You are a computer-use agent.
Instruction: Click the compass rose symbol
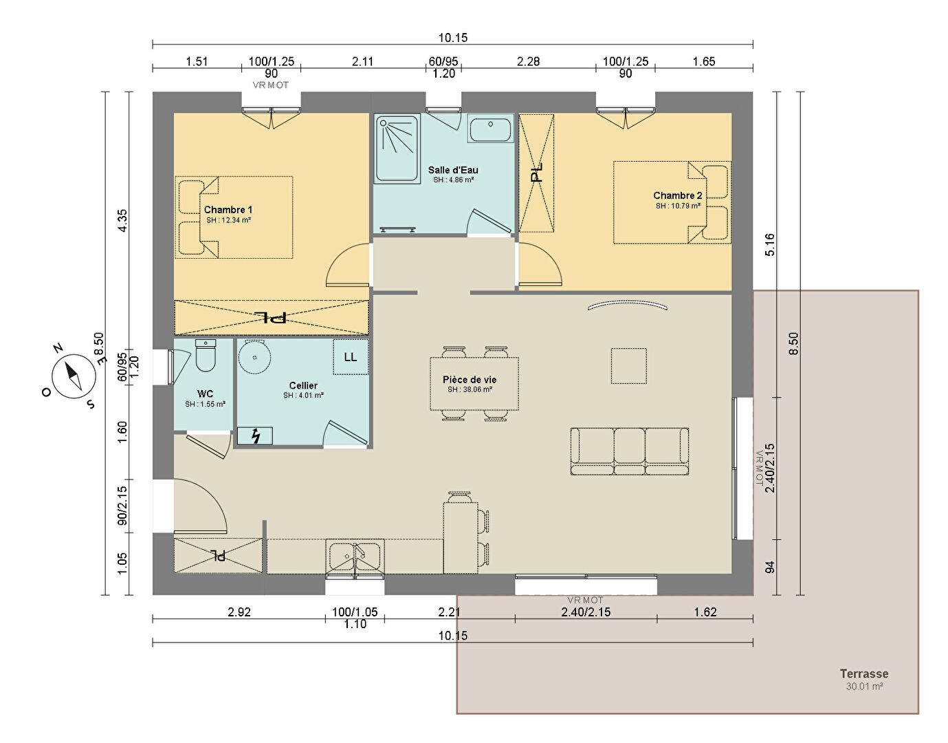point(74,377)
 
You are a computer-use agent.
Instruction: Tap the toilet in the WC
point(206,356)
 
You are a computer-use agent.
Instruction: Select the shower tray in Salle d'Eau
point(397,148)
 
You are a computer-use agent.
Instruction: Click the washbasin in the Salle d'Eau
point(490,129)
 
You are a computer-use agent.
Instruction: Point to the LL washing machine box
point(351,357)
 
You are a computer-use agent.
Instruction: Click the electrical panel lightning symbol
point(256,435)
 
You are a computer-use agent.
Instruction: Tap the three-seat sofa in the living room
point(630,451)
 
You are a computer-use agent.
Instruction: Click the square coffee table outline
point(628,366)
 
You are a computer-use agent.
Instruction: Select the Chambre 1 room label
point(228,210)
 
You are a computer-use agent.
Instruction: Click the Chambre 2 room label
point(678,195)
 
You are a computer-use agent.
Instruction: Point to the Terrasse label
point(864,674)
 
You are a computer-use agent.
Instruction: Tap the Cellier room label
point(303,385)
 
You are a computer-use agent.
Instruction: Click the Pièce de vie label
point(470,380)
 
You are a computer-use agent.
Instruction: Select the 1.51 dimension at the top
point(197,61)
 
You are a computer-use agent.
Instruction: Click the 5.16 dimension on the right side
point(769,244)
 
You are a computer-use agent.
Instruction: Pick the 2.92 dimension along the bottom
point(239,612)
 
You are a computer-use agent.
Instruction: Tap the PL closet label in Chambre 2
point(536,173)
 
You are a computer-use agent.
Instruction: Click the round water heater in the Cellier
point(254,357)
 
